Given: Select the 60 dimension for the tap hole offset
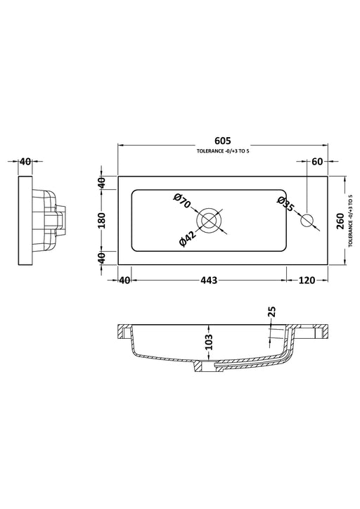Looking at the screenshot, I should [316, 161].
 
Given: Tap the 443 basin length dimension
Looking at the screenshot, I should [207, 280].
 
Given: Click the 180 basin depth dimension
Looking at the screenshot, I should [103, 220].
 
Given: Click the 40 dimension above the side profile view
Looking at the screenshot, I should [25, 161].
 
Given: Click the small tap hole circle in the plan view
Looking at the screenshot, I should [307, 220].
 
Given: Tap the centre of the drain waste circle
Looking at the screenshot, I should [208, 220].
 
